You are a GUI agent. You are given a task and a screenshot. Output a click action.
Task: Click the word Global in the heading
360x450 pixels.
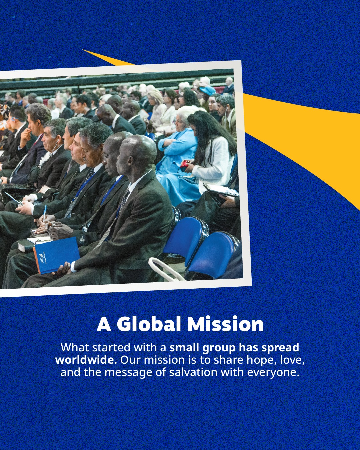point(149,324)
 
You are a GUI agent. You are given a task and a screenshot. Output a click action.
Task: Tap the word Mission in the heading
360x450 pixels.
point(225,324)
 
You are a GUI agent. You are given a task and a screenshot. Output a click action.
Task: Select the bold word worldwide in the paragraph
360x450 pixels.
point(86,360)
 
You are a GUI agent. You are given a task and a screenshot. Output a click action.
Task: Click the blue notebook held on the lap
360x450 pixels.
point(56,255)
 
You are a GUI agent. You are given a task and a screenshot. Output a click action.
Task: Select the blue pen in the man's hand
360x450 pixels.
point(45,213)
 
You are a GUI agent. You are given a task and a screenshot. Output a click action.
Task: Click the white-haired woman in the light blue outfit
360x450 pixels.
point(178,155)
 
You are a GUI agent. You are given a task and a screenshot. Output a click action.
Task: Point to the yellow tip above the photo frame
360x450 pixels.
point(83,50)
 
